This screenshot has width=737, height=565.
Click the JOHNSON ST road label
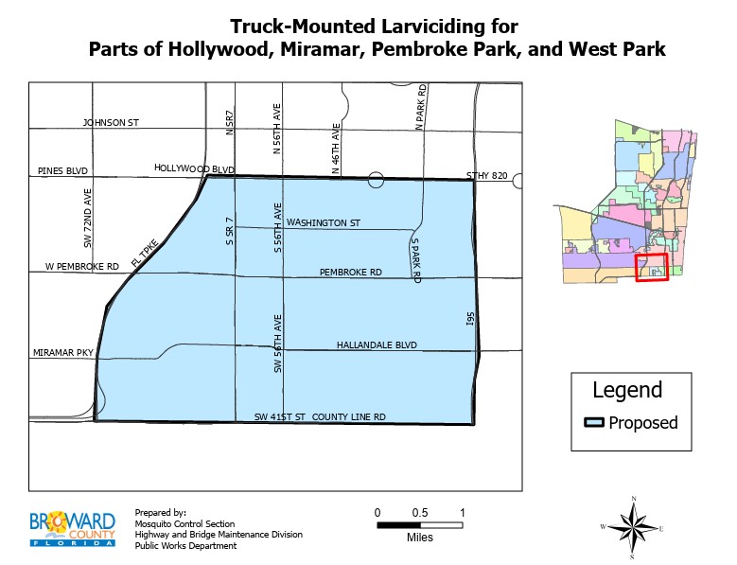point(111,123)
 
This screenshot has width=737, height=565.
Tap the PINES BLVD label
point(62,171)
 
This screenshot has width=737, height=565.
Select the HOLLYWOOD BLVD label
point(194,168)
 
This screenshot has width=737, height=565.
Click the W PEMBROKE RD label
point(82,268)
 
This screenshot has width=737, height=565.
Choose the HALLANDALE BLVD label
point(377,345)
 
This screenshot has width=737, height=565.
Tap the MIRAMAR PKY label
point(62,353)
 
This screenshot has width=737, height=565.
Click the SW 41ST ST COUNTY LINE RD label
point(321,417)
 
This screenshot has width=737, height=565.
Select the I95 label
point(469,323)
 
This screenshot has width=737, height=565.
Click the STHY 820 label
point(487,176)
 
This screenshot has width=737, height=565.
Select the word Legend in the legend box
point(626,390)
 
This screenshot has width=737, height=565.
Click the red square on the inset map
point(651,267)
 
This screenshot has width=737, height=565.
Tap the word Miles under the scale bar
point(419,537)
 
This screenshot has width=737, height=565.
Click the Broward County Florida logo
point(73,528)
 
